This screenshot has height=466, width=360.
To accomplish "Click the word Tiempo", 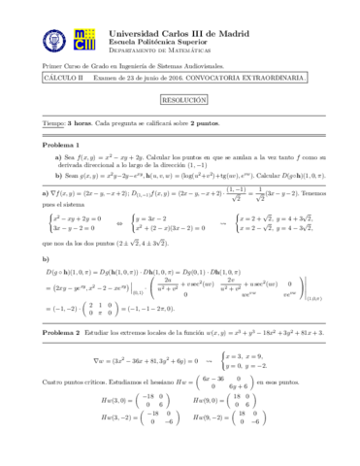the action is (53, 123).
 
